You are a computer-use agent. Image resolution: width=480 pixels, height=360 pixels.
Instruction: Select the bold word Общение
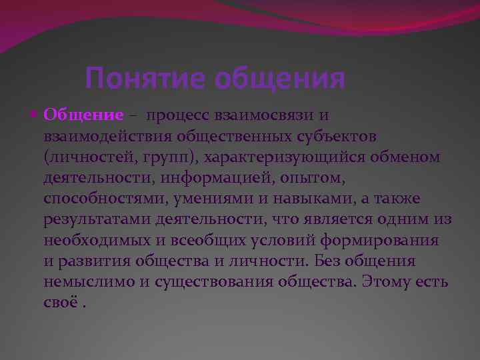(x=83, y=115)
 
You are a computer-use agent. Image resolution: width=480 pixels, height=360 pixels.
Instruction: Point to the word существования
(x=215, y=283)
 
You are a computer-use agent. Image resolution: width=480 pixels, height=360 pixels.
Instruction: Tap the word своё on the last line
(x=59, y=303)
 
